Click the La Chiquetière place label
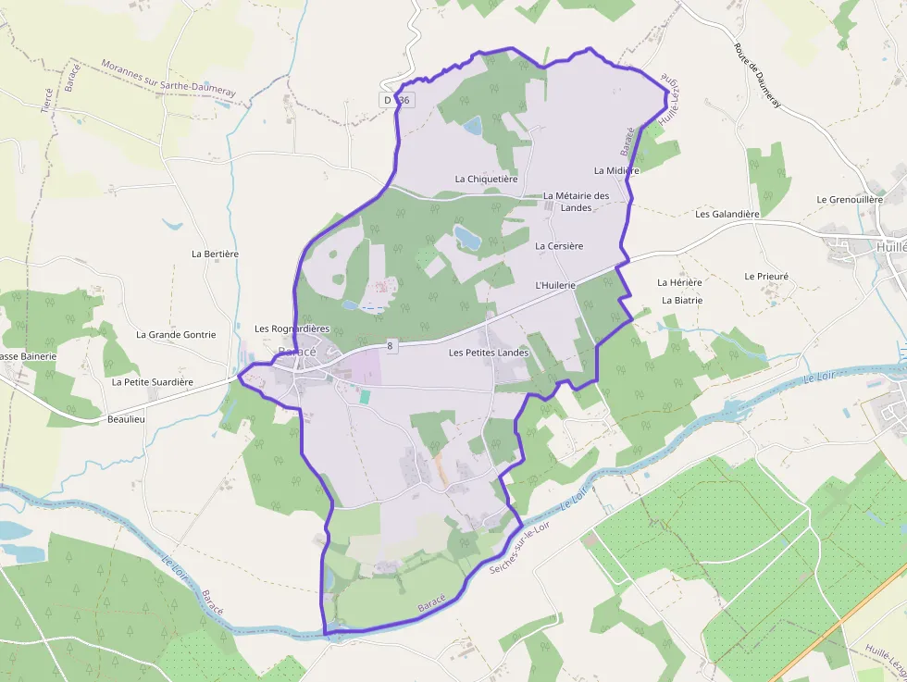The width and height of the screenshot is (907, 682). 486,179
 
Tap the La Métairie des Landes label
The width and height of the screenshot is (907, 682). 576,201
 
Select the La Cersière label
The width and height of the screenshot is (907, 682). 559,246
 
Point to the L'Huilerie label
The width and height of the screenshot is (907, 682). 555,286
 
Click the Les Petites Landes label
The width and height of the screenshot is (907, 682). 488,353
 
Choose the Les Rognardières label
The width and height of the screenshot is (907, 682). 292,329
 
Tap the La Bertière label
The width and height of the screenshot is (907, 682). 215,254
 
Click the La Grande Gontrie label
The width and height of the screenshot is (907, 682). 176,335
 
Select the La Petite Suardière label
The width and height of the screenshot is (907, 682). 153,381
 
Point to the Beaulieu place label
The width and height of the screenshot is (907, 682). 126,418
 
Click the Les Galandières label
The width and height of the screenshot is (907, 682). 727,214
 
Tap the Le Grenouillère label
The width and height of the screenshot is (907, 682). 850,199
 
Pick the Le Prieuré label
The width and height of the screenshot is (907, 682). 766,276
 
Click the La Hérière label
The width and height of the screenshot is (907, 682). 679,282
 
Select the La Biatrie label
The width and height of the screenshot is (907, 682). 682,300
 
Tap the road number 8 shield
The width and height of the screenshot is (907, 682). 391,346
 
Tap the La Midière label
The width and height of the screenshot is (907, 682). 615,170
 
